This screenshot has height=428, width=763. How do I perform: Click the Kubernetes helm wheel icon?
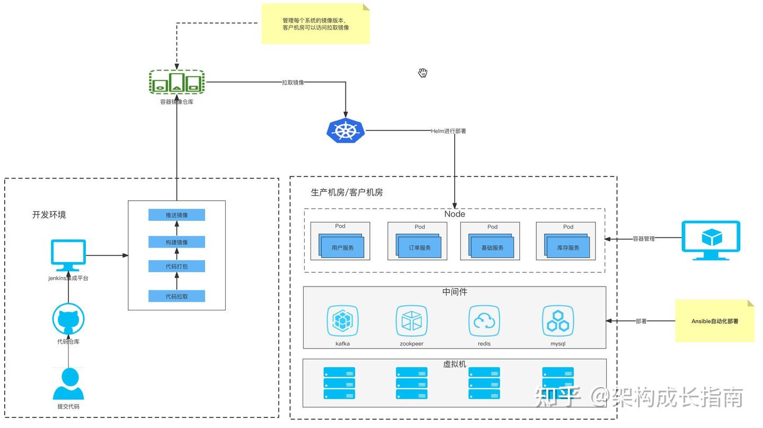click(345, 131)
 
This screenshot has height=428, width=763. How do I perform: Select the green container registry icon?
click(176, 83)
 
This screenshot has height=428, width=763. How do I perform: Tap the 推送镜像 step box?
click(176, 215)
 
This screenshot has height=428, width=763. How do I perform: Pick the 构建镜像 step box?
click(176, 242)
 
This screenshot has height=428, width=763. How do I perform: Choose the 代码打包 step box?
click(176, 266)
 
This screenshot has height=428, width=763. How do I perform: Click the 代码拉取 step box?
click(176, 296)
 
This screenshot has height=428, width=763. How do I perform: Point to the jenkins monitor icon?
click(68, 255)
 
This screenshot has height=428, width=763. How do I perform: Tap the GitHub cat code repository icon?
click(68, 319)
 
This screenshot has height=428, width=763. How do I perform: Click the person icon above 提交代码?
click(68, 384)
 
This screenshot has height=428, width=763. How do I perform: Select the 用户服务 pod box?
click(342, 247)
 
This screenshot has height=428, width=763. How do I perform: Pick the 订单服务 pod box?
click(420, 247)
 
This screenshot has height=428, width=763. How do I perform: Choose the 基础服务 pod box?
click(493, 247)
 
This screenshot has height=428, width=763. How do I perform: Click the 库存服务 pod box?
click(568, 247)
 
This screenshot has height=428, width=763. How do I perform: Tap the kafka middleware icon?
click(342, 320)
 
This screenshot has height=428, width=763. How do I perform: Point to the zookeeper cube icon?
click(412, 320)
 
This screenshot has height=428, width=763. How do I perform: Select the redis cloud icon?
click(484, 320)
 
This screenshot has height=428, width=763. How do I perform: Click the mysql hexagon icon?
click(558, 320)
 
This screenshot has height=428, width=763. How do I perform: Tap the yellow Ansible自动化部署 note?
click(714, 321)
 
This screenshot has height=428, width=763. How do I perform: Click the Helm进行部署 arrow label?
click(448, 131)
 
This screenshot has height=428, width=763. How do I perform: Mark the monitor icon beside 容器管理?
click(710, 240)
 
